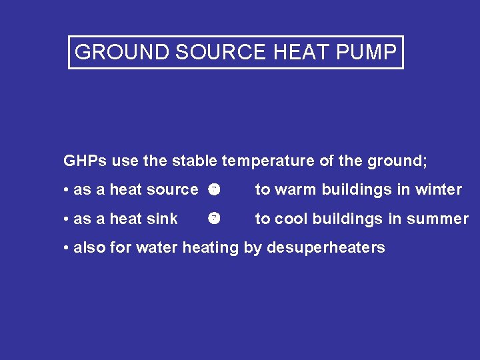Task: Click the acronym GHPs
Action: coord(85,161)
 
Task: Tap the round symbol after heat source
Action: coord(213,189)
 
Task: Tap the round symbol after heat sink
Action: coord(213,218)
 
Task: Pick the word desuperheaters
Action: coord(326,248)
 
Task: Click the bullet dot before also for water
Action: coord(67,248)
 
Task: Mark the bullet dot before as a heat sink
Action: coord(67,219)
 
